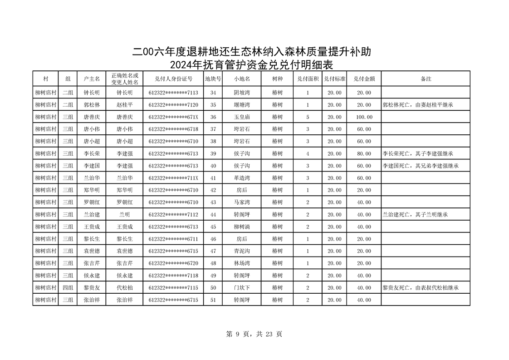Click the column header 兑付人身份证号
pyautogui.click(x=173, y=79)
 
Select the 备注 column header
pyautogui.click(x=426, y=79)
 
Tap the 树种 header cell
pyautogui.click(x=277, y=79)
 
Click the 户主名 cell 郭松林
pyautogui.click(x=91, y=105)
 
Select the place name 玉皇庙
pyautogui.click(x=241, y=117)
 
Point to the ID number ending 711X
pyautogui.click(x=173, y=178)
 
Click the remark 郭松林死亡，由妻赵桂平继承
pyautogui.click(x=418, y=105)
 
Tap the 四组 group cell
pyautogui.click(x=68, y=288)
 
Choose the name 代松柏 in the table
pyautogui.click(x=125, y=288)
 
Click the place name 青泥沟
pyautogui.click(x=241, y=251)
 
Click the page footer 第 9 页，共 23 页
pyautogui.click(x=254, y=334)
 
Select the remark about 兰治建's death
pyautogui.click(x=415, y=215)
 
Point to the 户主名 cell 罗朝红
pyautogui.click(x=91, y=202)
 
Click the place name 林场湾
pyautogui.click(x=241, y=263)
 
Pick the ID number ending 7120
pyautogui.click(x=173, y=105)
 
